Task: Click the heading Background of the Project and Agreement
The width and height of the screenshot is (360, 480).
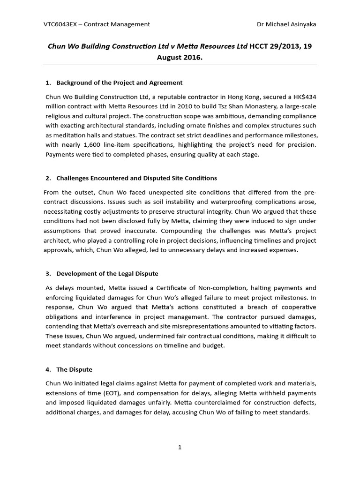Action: pyautogui.click(x=119, y=82)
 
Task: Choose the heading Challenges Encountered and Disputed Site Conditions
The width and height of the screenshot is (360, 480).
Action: pyautogui.click(x=136, y=178)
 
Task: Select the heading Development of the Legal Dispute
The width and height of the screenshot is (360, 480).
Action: pyautogui.click(x=107, y=273)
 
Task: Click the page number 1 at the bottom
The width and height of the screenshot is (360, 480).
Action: pyautogui.click(x=180, y=447)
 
